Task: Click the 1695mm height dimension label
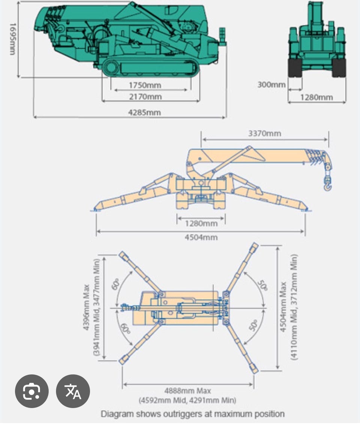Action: [12, 39]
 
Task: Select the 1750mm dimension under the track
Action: [145, 85]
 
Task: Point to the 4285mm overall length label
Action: [144, 112]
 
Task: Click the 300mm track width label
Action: [271, 85]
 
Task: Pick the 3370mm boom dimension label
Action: [264, 133]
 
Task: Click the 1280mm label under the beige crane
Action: [201, 224]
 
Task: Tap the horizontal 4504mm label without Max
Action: [201, 237]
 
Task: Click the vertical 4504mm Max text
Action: [283, 307]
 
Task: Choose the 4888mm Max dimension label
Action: [187, 391]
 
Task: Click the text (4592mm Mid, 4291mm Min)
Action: [187, 400]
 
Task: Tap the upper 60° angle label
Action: [116, 285]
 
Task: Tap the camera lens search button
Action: [31, 391]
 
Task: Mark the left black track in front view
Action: [295, 68]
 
